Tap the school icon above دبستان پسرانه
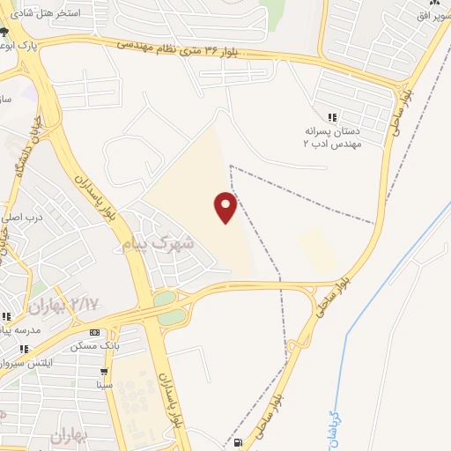[x=332, y=117]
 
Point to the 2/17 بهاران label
[x=64, y=306]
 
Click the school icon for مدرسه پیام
[x=5, y=316]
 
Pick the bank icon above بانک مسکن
[x=96, y=331]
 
